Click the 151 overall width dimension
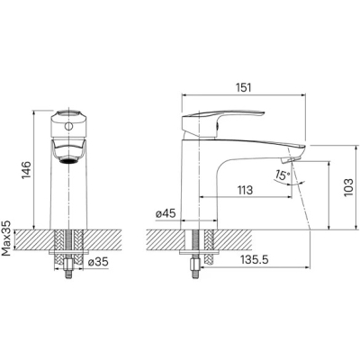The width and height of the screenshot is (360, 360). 243,87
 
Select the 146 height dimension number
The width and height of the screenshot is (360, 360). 27,170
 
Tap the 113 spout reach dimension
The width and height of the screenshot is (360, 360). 245,190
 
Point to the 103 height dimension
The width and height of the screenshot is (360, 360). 348,187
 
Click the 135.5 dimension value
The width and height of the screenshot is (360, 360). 254,260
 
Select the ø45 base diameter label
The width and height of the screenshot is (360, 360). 166,213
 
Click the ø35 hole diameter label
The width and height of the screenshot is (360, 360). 98,262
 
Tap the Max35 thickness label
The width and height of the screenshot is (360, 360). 6,238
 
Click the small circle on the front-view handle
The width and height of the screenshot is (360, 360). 68,126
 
